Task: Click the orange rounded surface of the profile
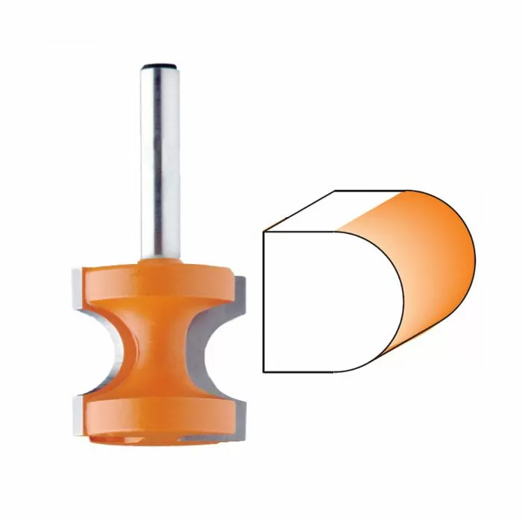[x=433, y=268]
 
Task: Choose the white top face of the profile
[x=336, y=209]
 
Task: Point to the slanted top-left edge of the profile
[x=298, y=210]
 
